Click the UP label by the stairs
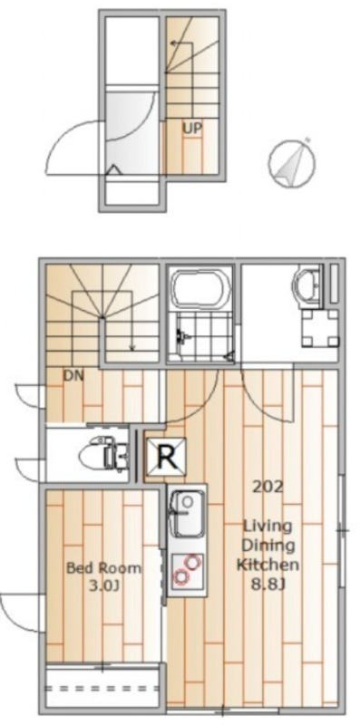pos(191,129)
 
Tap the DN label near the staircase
pos(73,375)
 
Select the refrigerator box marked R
pos(167,457)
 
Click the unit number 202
pos(268,487)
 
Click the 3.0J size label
pos(104,586)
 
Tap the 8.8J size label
pos(267,584)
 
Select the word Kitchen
pos(268,565)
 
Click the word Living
pos(268,527)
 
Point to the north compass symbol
pos(292,164)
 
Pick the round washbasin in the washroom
pos(308,284)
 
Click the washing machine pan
pos(320,329)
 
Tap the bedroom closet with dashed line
pos(102,686)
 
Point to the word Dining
pos(268,546)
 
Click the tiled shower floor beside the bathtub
pos(202,335)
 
